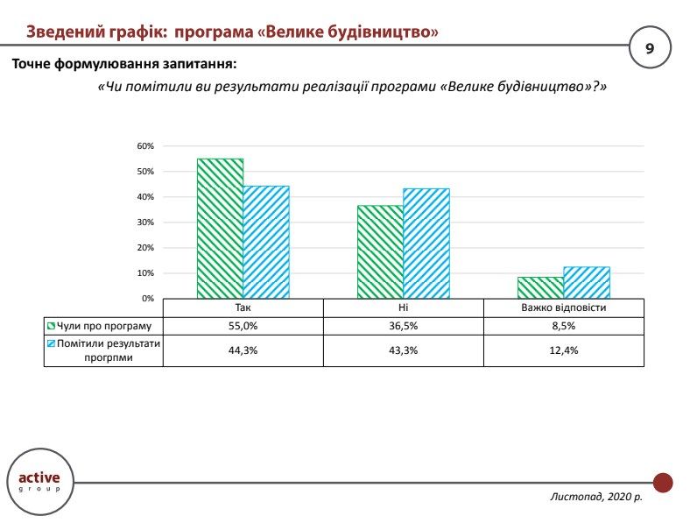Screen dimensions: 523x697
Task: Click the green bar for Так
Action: [220, 229]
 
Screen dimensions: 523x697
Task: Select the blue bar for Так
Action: [266, 242]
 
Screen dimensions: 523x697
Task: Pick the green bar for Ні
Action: [380, 252]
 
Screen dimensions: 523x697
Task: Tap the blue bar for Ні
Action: [426, 244]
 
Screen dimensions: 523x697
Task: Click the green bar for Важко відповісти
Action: [540, 287]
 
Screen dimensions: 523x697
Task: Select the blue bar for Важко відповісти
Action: [587, 282]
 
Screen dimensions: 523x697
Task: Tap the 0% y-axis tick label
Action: [147, 299]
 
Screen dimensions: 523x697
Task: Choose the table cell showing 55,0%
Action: [243, 326]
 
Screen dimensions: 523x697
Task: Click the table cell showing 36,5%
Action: [404, 326]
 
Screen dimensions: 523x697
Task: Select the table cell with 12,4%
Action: [564, 351]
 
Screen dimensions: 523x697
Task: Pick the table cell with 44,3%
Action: [243, 351]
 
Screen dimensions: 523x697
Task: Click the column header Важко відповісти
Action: [564, 307]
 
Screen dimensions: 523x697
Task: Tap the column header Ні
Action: [404, 307]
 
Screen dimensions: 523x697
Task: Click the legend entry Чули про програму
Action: [104, 326]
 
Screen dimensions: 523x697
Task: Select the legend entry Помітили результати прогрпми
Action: [104, 351]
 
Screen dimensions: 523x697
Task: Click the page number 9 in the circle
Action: [649, 48]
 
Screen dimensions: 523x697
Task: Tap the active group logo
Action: [40, 481]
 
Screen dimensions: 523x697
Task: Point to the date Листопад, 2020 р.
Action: [595, 497]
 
